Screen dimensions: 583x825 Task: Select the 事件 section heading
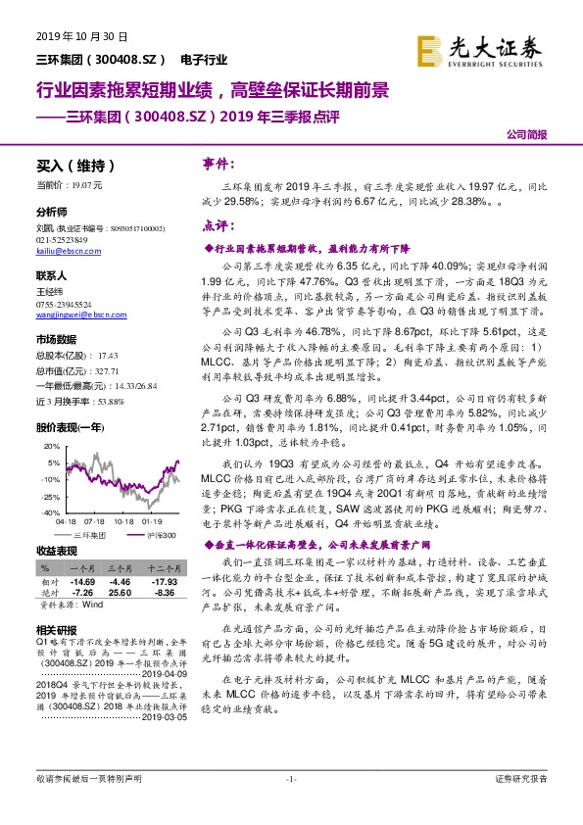click(217, 162)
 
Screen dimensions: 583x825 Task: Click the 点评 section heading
click(217, 224)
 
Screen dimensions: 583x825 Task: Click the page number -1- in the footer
click(290, 805)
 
